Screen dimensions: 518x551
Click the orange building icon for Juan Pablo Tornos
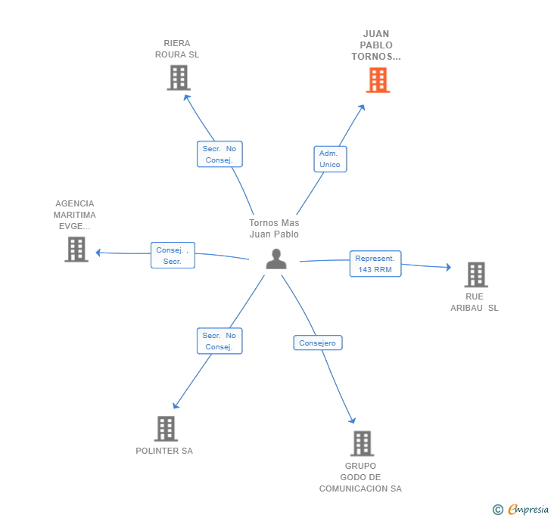pos(378,79)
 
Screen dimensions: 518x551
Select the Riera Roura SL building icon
pos(179,77)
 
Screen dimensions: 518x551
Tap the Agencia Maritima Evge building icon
pos(76,249)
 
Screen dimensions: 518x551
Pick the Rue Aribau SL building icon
pos(475,275)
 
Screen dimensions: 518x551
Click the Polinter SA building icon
pos(165,429)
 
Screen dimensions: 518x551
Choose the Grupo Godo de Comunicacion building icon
pos(362,443)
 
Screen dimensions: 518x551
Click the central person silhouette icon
pos(276,259)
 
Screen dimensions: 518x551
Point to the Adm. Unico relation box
pos(330,159)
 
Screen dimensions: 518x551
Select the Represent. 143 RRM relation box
pos(375,264)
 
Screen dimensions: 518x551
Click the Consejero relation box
pos(318,343)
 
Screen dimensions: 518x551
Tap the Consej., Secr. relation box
pos(173,256)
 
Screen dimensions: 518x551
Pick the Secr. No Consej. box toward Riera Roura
pos(219,154)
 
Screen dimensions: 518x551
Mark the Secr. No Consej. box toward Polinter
pos(219,341)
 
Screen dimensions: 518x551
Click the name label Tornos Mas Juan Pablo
pos(274,228)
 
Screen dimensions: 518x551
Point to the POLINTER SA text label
pos(164,451)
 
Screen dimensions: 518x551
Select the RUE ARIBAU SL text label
pos(475,302)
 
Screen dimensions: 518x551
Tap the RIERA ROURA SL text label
pos(177,49)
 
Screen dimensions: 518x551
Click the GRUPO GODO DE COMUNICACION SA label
pos(360,477)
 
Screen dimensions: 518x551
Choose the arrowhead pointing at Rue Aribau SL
pos(447,267)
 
